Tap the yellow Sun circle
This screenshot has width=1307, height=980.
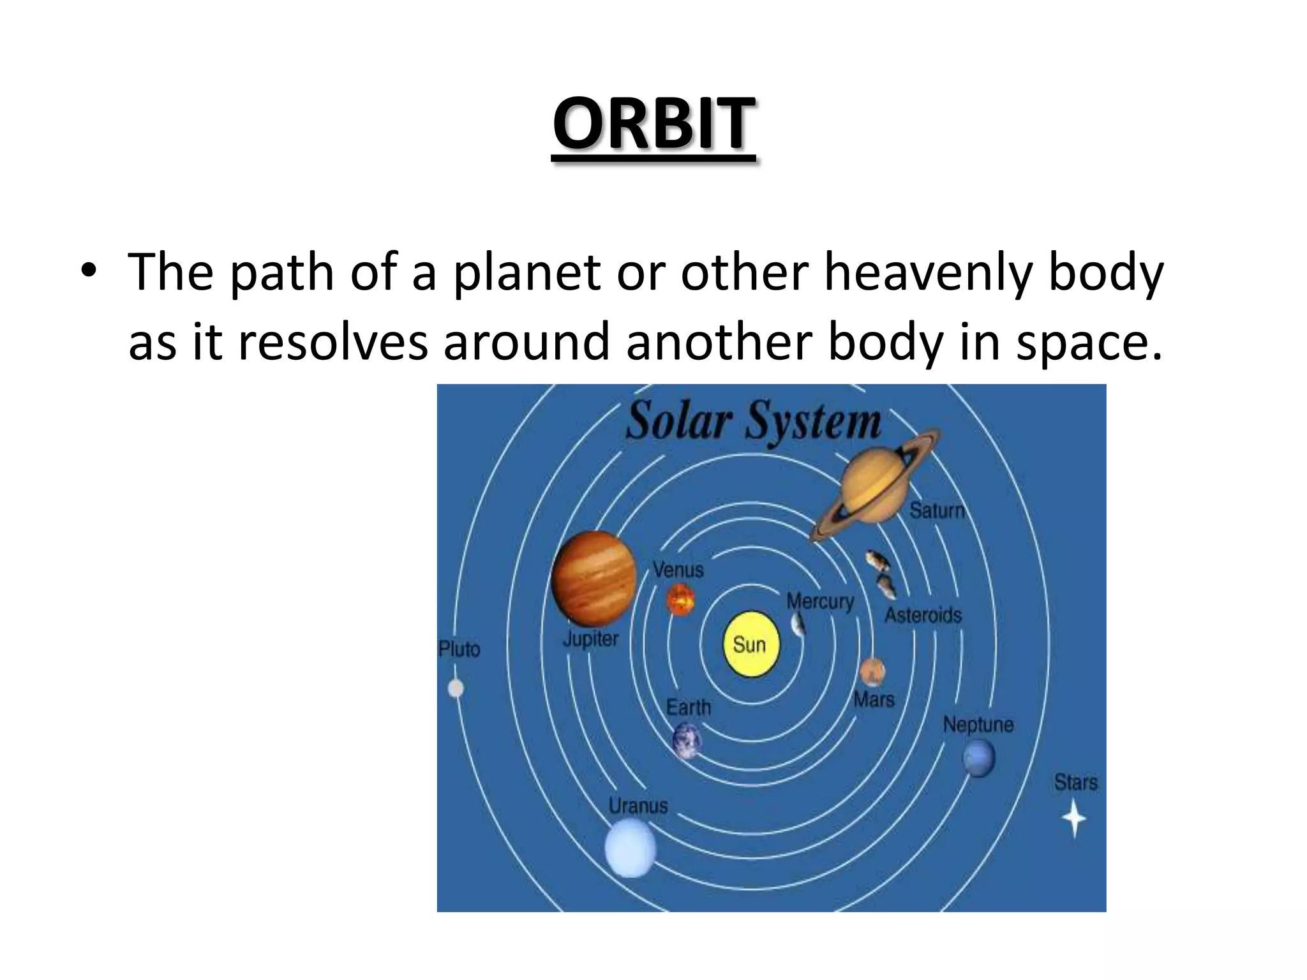(x=751, y=644)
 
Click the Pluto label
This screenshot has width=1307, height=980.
(x=459, y=650)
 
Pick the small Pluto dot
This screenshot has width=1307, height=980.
(x=456, y=688)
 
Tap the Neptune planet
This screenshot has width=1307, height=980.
(x=978, y=758)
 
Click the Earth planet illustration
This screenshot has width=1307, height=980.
(x=687, y=741)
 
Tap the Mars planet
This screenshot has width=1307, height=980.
(x=871, y=672)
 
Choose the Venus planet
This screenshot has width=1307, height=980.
(x=680, y=600)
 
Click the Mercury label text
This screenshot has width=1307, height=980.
(x=819, y=601)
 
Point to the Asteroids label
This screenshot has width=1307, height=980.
(x=923, y=615)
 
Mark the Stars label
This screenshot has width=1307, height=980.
(x=1075, y=782)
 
